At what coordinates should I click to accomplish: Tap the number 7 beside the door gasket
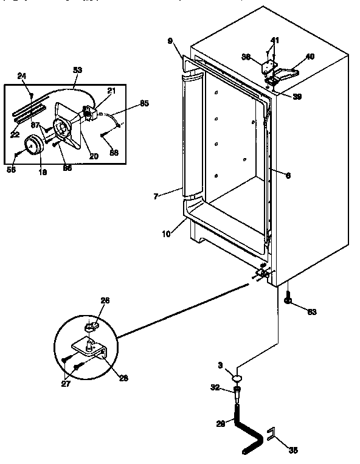point(156,196)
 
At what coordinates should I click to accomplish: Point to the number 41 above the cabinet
point(275,40)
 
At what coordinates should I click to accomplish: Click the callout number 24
point(22,76)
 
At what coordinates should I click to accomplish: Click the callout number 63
point(311,313)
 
